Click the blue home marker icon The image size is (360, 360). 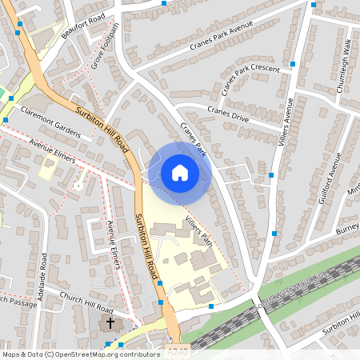[x=180, y=173]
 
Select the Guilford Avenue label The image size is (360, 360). [x=326, y=184]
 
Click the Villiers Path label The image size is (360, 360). [x=198, y=230]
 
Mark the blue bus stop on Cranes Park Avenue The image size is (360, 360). [x=163, y=4]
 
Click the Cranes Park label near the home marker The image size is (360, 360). [x=193, y=138]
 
